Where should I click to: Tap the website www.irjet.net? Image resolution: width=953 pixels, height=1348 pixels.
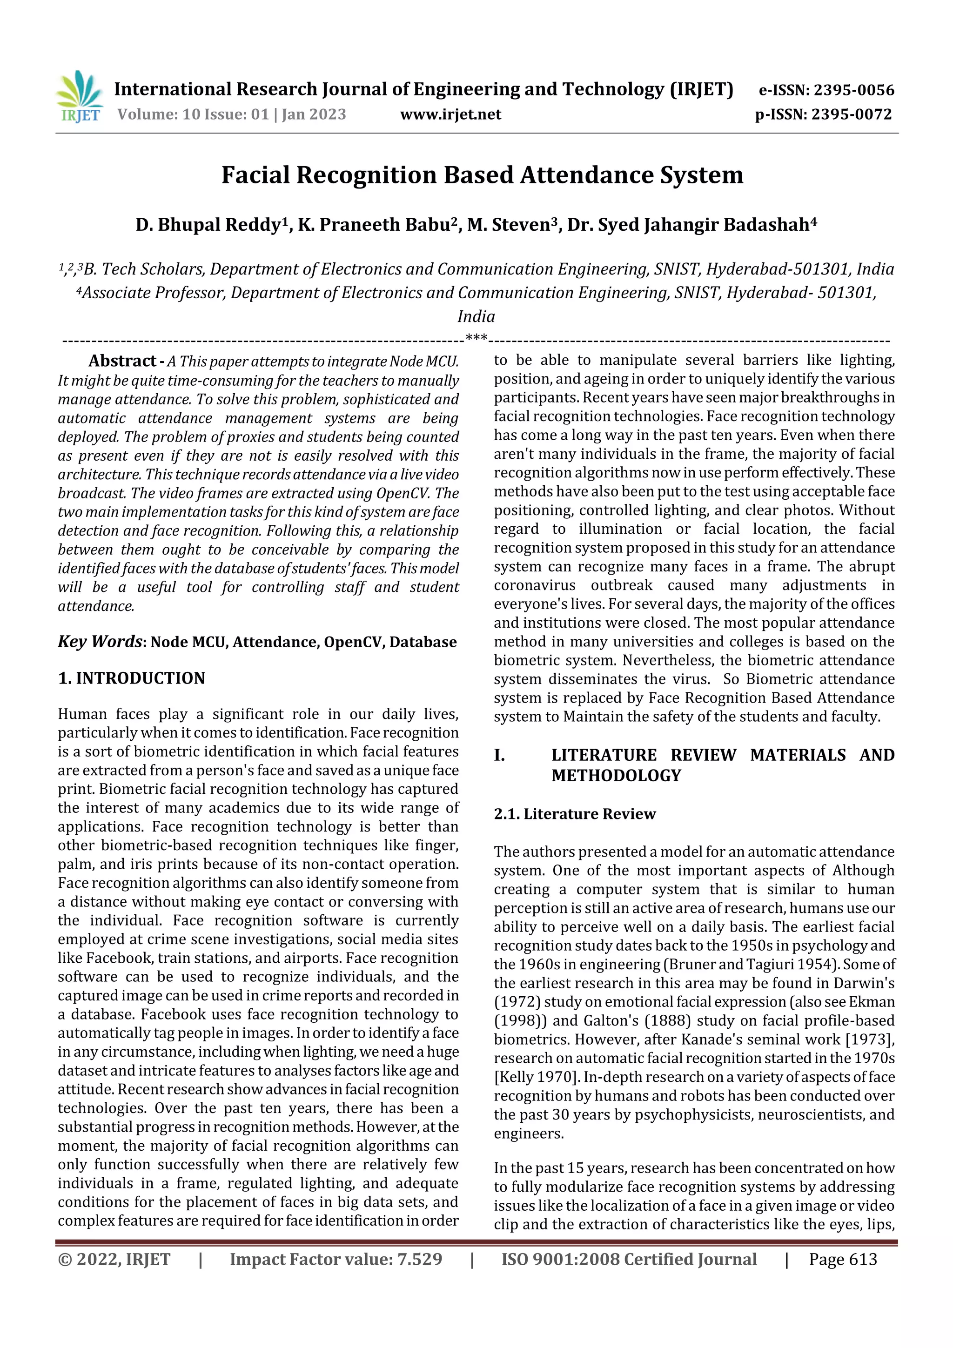pos(450,114)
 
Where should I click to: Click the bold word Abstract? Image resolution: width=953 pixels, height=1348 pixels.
pos(122,361)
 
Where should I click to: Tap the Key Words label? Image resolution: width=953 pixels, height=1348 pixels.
pos(100,641)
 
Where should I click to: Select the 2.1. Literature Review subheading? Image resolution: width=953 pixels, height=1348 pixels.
pos(574,814)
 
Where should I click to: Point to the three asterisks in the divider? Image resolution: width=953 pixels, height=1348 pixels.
pos(476,338)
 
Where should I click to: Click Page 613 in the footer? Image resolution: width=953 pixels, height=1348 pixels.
pos(843,1259)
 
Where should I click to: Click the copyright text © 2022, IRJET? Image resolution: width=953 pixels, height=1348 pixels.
pos(114,1259)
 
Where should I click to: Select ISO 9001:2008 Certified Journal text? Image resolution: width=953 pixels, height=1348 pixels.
pos(628,1259)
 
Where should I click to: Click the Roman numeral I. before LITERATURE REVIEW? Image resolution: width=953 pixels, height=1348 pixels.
pos(499,755)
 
